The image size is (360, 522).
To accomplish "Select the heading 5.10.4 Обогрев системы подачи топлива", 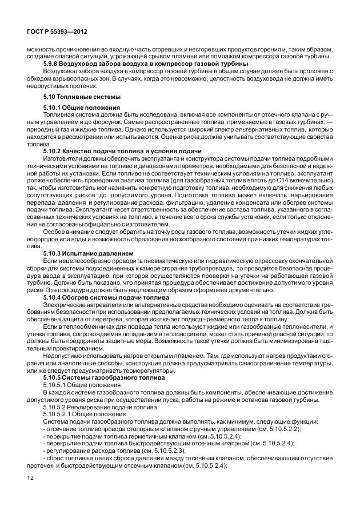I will [106, 298].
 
